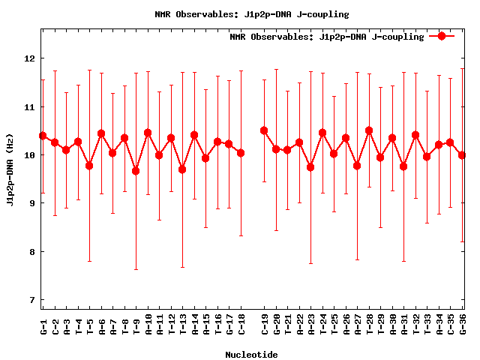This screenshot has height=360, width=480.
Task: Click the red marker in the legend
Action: pyautogui.click(x=442, y=36)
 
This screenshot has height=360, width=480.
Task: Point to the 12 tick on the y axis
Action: pyautogui.click(x=30, y=58)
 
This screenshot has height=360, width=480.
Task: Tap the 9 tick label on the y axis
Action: pyautogui.click(x=30, y=203)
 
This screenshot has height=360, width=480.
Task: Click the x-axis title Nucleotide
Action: pyautogui.click(x=251, y=355)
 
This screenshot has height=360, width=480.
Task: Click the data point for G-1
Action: pyautogui.click(x=43, y=136)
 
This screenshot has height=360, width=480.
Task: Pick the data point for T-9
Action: pyautogui.click(x=136, y=171)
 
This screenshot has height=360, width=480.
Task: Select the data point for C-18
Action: pyautogui.click(x=241, y=153)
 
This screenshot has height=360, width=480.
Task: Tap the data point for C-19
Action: pyautogui.click(x=264, y=130)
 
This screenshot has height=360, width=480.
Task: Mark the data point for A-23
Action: pyautogui.click(x=310, y=167)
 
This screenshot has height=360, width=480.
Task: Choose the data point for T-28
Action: pyautogui.click(x=369, y=130)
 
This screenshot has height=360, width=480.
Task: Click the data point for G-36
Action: pyautogui.click(x=462, y=155)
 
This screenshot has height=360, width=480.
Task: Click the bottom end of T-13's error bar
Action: pyautogui.click(x=182, y=267)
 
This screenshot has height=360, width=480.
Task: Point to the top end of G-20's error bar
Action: pyautogui.click(x=276, y=69)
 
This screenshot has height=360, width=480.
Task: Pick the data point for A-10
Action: pyautogui.click(x=148, y=133)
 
